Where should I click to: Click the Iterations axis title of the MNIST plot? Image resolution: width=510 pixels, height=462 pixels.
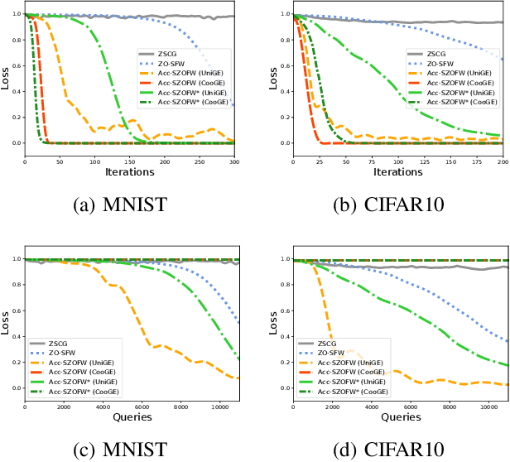129,172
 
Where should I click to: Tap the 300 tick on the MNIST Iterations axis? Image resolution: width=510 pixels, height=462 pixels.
234,161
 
